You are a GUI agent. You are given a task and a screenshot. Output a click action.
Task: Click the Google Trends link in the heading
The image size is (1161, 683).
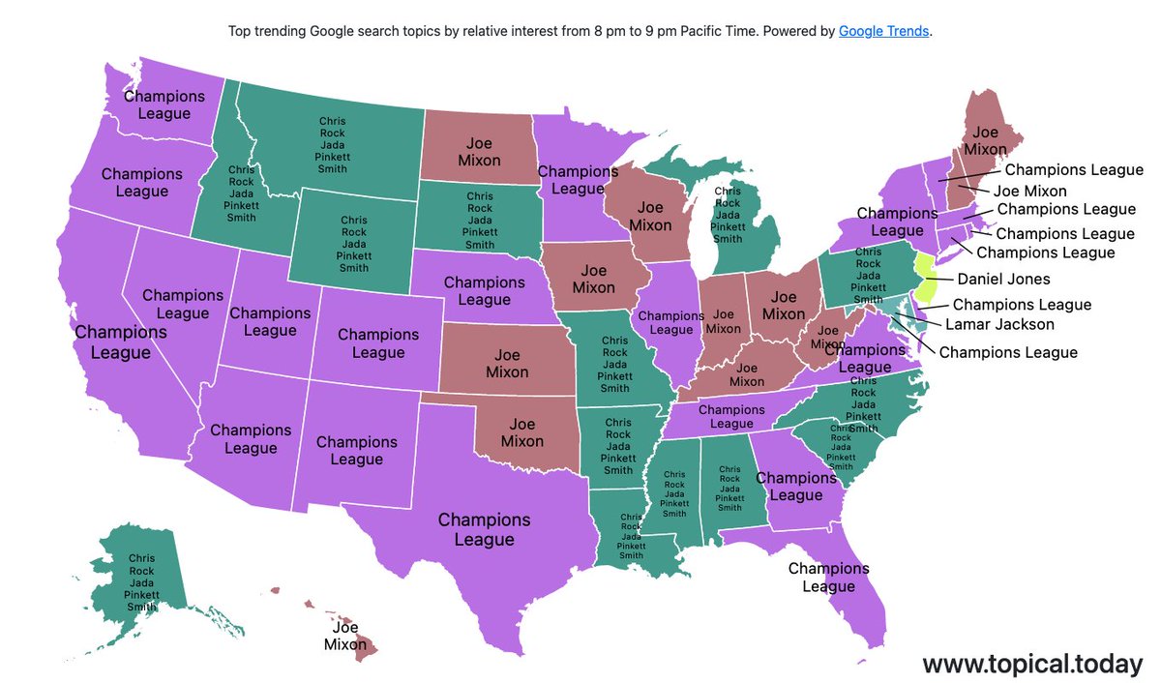coord(883,31)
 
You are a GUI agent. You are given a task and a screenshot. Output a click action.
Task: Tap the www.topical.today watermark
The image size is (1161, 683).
coord(1032,664)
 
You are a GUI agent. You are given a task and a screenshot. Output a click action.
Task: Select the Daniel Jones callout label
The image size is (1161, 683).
coord(1003,280)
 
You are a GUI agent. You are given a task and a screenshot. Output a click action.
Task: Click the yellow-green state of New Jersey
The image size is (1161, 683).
coord(926,279)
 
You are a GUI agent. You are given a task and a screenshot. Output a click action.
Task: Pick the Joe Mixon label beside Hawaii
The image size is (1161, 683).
coord(345,636)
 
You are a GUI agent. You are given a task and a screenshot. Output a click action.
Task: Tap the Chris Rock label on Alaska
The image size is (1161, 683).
coord(141,584)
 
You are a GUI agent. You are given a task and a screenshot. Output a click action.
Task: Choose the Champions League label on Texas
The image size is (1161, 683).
coord(484,529)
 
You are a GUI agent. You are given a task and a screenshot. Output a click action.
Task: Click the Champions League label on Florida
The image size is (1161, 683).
coord(828,578)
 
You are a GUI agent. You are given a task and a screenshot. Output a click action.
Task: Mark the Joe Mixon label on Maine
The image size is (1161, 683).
coord(985,141)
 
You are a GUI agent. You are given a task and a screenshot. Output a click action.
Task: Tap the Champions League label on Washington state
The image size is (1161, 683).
coord(164,104)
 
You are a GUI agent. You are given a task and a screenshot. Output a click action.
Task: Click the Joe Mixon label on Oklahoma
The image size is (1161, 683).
coord(522,432)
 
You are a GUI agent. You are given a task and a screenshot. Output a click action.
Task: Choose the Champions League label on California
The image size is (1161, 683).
coord(120,342)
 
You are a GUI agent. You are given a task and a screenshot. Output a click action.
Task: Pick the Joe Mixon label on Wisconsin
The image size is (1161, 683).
coord(650,217)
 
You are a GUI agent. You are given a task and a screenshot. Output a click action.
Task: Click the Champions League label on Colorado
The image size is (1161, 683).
coord(378,343)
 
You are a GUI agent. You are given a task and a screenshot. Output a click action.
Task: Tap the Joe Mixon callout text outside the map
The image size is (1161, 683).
coord(1029,191)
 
